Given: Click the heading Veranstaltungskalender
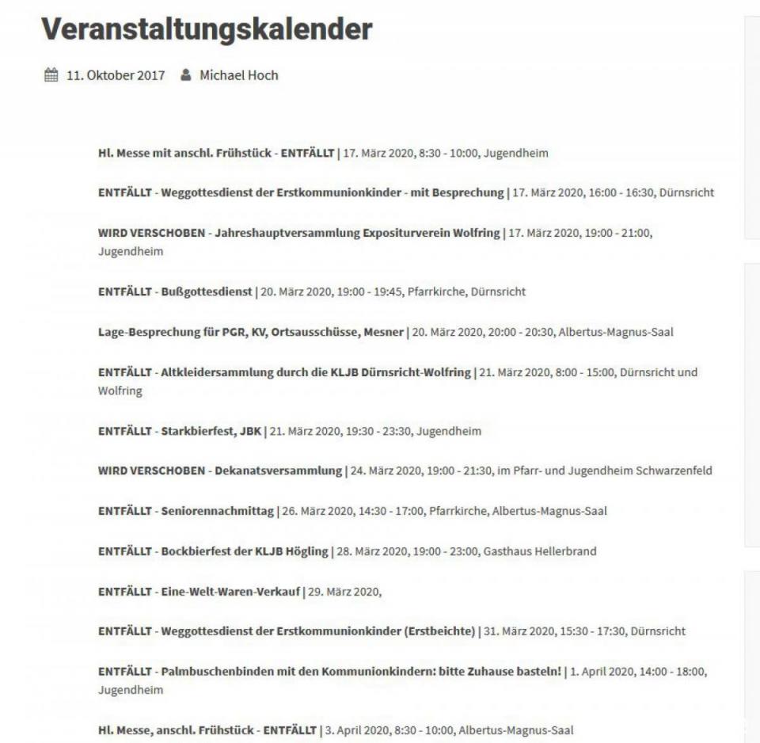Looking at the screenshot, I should [x=207, y=30].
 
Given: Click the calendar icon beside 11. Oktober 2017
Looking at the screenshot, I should [x=51, y=75].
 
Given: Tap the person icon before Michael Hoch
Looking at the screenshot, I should [x=185, y=75].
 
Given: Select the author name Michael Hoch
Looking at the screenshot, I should [x=238, y=75].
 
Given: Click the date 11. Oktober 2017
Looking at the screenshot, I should [x=116, y=75].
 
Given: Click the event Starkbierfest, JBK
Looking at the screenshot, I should [x=211, y=432].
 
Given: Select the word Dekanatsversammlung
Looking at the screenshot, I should [x=278, y=471].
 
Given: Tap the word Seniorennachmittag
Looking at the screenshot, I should [x=217, y=511].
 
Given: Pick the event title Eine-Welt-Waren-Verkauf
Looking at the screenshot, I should [x=230, y=592].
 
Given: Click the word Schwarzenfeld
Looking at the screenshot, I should [x=674, y=471].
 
